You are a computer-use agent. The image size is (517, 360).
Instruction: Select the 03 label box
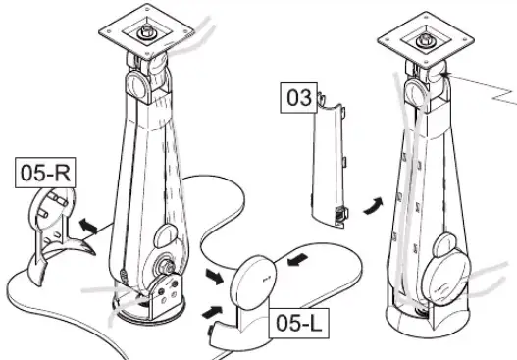click(x=297, y=98)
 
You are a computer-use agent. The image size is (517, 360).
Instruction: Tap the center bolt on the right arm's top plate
click(x=429, y=42)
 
